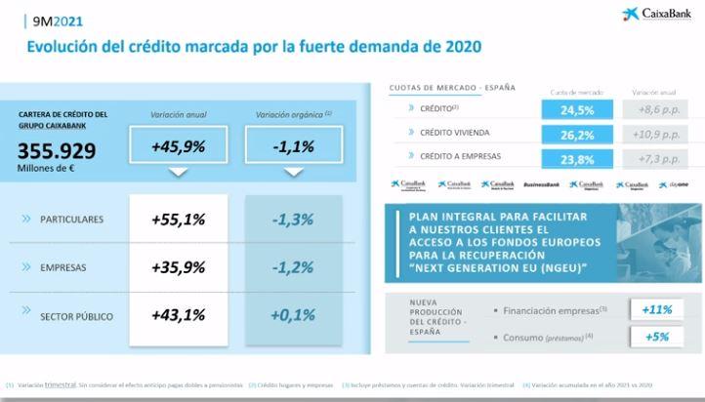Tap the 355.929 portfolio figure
(57, 150)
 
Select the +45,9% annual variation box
(178, 146)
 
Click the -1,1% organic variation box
(293, 146)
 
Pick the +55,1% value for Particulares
(178, 220)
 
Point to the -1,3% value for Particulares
(293, 220)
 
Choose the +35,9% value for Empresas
(178, 267)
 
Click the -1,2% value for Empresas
(293, 267)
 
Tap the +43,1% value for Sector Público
(178, 315)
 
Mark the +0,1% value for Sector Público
(293, 315)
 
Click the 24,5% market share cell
(578, 110)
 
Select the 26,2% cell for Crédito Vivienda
(578, 133)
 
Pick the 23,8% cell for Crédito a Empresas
(578, 158)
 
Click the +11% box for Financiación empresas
(657, 309)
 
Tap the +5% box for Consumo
(657, 337)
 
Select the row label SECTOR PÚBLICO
(77, 316)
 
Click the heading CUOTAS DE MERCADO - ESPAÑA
(452, 88)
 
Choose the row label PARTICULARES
(71, 220)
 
